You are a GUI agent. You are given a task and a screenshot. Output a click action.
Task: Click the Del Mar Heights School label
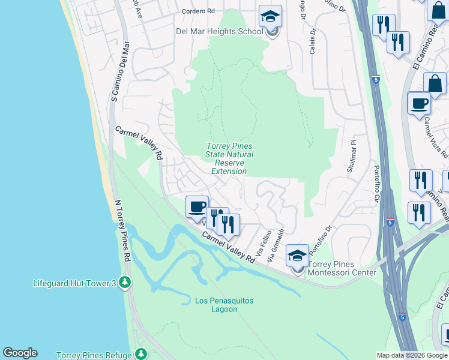(219, 32)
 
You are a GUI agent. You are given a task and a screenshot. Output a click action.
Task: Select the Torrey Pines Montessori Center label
(342, 268)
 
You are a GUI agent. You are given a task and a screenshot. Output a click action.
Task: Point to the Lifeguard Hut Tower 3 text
(74, 282)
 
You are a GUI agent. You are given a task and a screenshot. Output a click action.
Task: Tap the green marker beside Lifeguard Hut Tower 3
(125, 282)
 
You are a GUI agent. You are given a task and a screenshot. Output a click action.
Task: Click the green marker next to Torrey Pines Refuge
(141, 355)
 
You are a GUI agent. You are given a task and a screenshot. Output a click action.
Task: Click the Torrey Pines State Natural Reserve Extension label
(229, 158)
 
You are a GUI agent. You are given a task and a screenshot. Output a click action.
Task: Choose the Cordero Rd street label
(198, 11)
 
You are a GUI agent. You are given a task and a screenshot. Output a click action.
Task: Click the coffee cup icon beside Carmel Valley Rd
(197, 207)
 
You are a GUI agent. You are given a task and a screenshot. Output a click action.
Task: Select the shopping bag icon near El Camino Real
(434, 84)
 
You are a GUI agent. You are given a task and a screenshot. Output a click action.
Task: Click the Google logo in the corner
(20, 353)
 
